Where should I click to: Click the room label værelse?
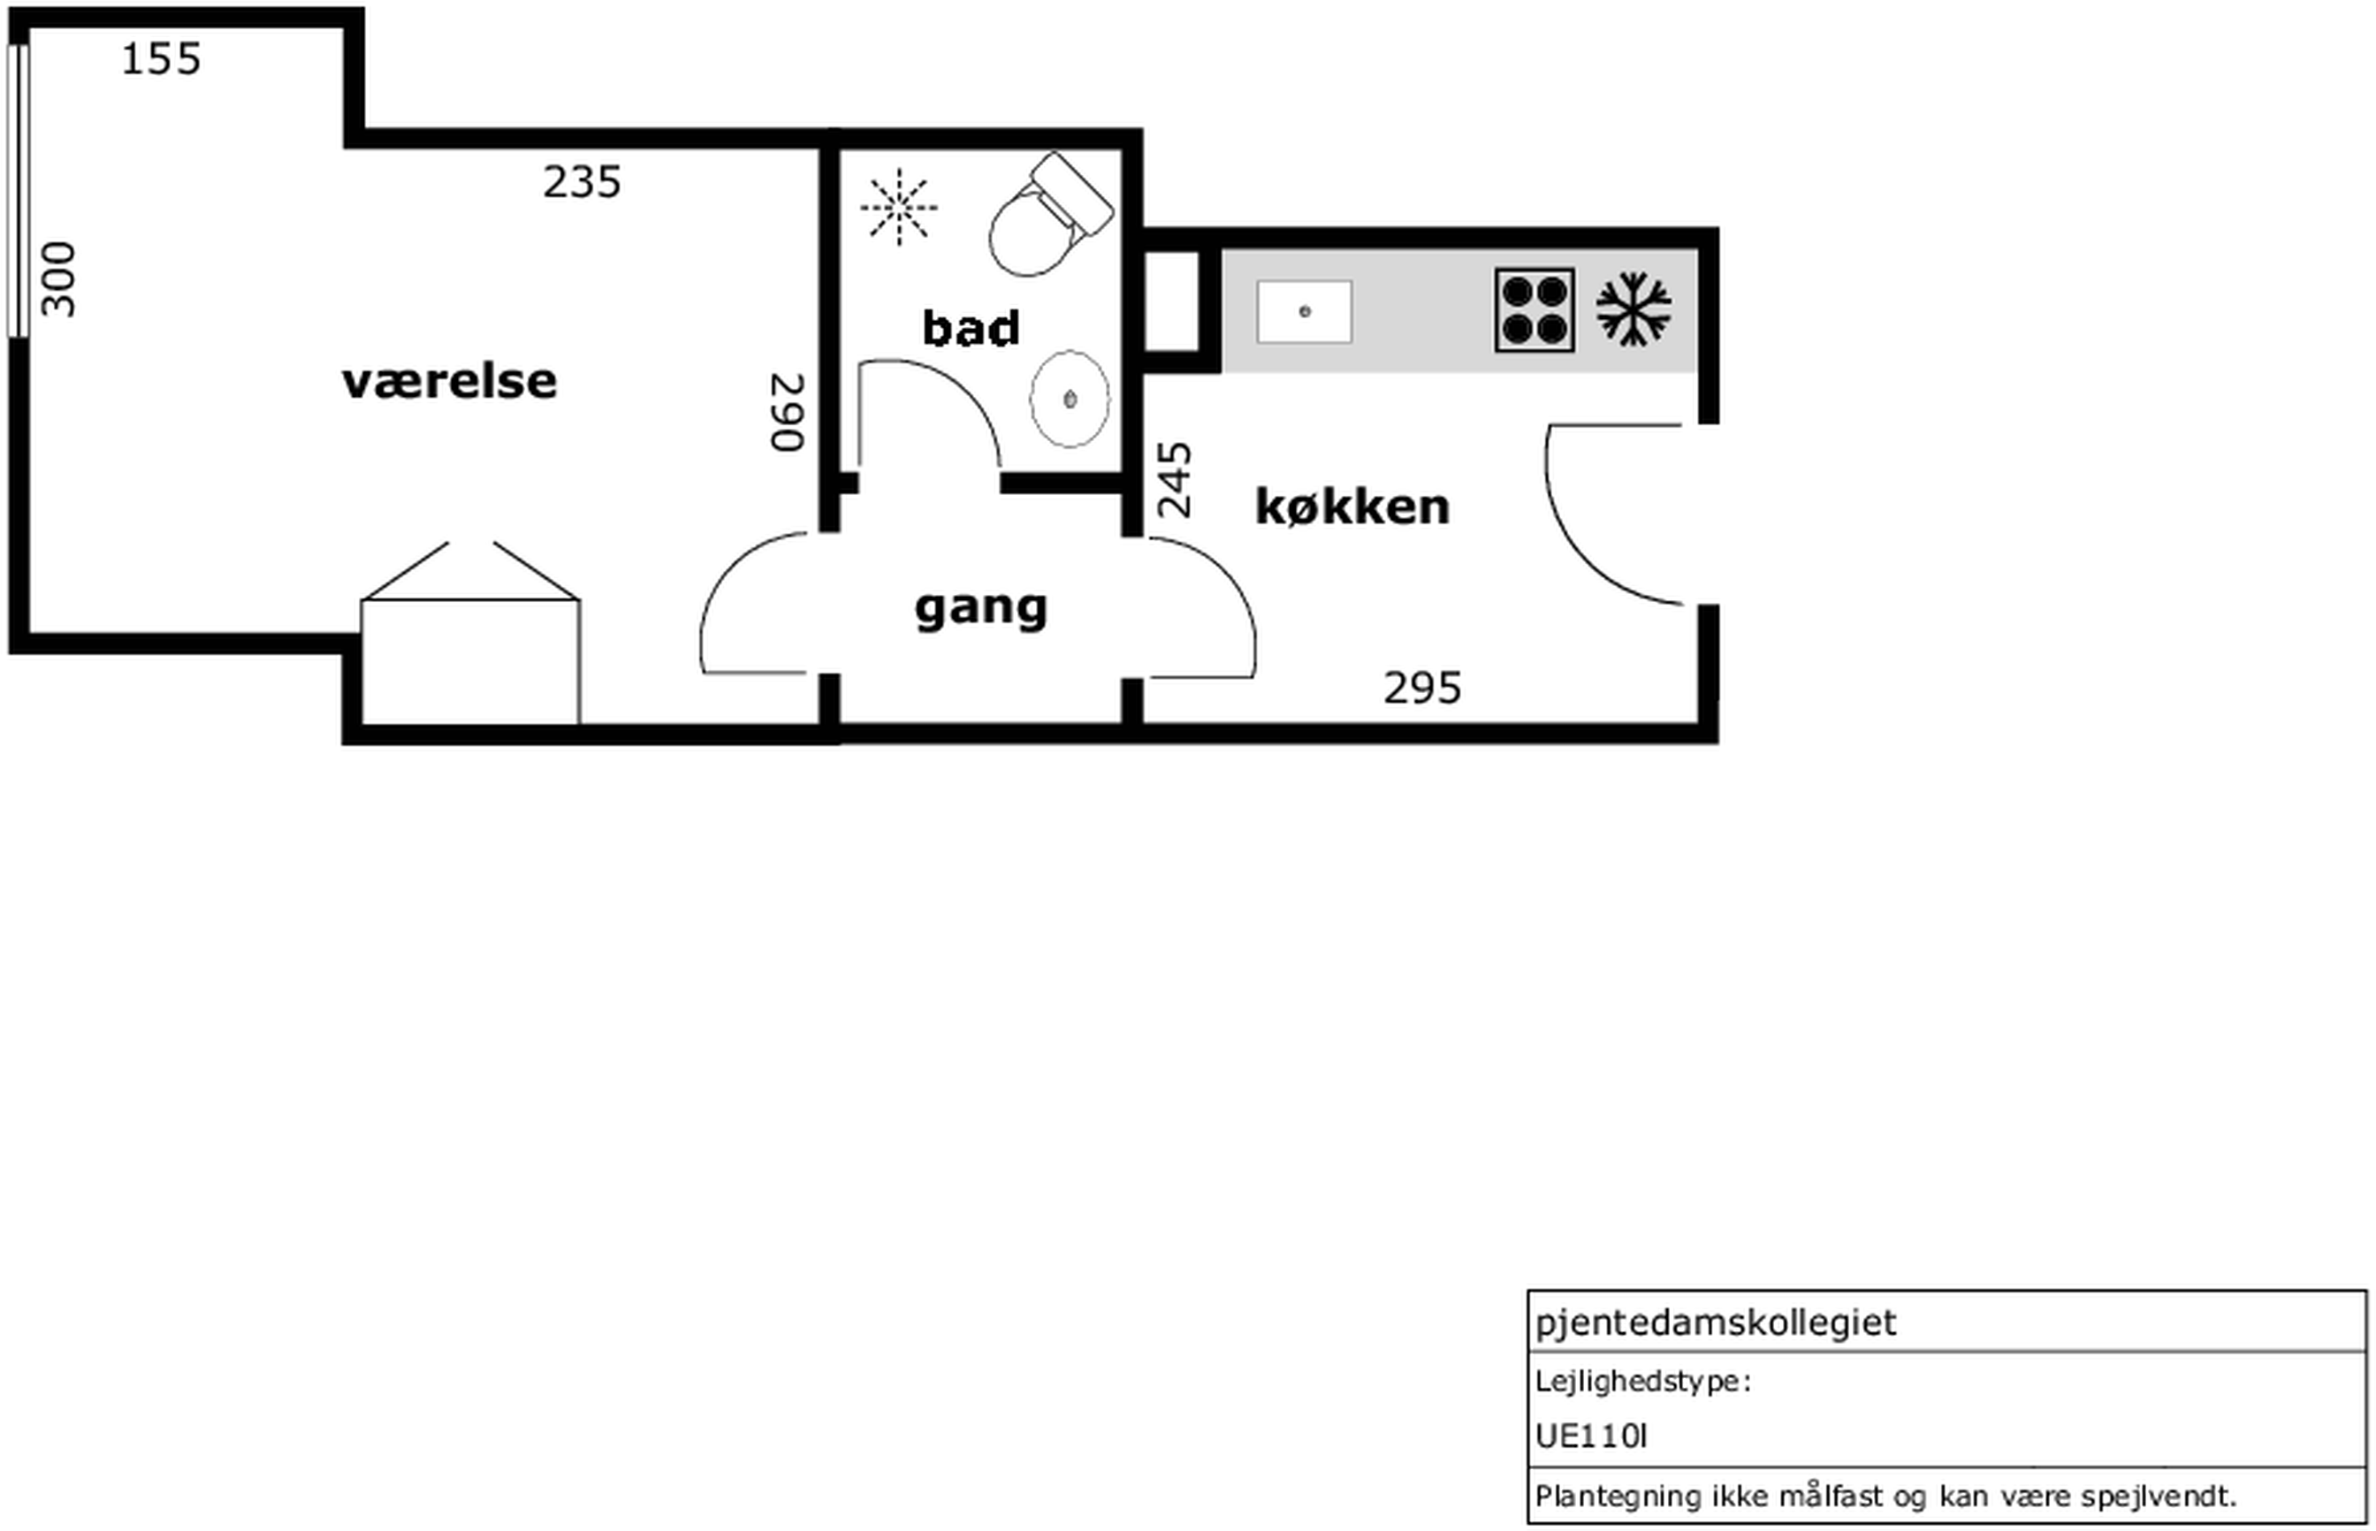click(x=449, y=382)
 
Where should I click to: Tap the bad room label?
click(x=971, y=328)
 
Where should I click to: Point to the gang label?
click(x=981, y=608)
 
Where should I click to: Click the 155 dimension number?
click(x=161, y=59)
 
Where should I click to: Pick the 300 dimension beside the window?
click(x=59, y=279)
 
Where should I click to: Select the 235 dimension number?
click(x=582, y=182)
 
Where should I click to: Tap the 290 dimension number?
click(x=788, y=413)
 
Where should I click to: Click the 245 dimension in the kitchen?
click(x=1174, y=480)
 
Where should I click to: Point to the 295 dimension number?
click(x=1422, y=688)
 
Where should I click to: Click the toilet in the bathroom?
click(x=1050, y=215)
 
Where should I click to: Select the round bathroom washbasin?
click(x=1070, y=399)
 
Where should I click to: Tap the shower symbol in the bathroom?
click(x=899, y=207)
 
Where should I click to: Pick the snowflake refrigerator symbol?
click(x=1633, y=309)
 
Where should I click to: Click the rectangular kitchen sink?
click(x=1305, y=311)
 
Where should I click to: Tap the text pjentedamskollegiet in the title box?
click(x=1716, y=1323)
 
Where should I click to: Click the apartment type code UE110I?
click(x=1590, y=1436)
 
